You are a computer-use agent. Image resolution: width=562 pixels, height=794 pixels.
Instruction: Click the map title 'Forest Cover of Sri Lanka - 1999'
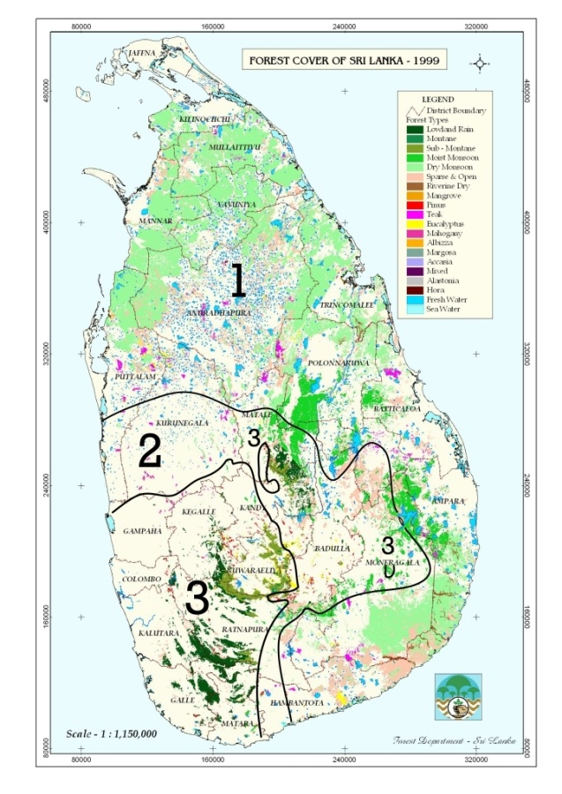point(345,62)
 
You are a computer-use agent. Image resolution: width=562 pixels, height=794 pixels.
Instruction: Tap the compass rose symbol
point(479,63)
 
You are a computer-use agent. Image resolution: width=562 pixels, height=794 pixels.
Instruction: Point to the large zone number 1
point(236,281)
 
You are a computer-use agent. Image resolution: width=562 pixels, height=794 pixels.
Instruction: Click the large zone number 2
point(149,452)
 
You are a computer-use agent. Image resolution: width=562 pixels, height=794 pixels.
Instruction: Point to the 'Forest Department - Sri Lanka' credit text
point(441,738)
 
